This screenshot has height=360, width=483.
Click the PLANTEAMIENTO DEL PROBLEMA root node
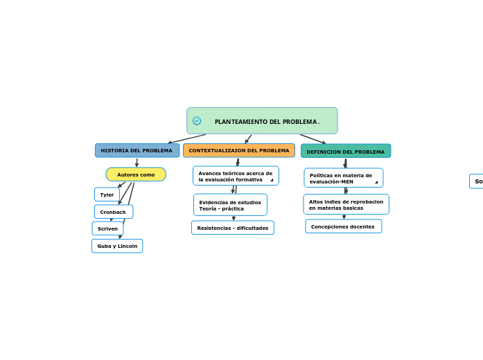(267, 121)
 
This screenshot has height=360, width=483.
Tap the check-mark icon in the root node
(197, 120)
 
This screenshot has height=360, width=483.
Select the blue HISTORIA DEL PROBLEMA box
(137, 150)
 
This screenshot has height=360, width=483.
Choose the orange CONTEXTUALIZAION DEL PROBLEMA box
(239, 150)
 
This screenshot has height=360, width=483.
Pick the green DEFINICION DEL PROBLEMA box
(345, 151)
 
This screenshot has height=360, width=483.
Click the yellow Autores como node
(136, 174)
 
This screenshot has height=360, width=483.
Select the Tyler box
(107, 195)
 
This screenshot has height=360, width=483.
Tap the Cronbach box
(113, 212)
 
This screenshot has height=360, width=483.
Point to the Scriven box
(107, 228)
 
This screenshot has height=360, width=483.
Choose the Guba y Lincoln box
(117, 246)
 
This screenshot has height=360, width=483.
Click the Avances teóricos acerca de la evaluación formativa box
(236, 176)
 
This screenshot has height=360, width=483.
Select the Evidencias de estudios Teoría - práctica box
(230, 205)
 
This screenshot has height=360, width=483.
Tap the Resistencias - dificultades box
(233, 228)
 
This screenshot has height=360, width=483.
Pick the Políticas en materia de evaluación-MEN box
(343, 178)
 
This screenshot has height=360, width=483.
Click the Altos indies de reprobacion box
(346, 204)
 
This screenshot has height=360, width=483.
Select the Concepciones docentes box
(343, 226)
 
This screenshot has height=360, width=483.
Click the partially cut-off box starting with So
(477, 181)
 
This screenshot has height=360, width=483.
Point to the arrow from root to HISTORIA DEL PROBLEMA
(187, 138)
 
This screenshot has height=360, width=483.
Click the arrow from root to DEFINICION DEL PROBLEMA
(313, 139)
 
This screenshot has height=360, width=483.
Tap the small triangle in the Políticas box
(376, 182)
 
